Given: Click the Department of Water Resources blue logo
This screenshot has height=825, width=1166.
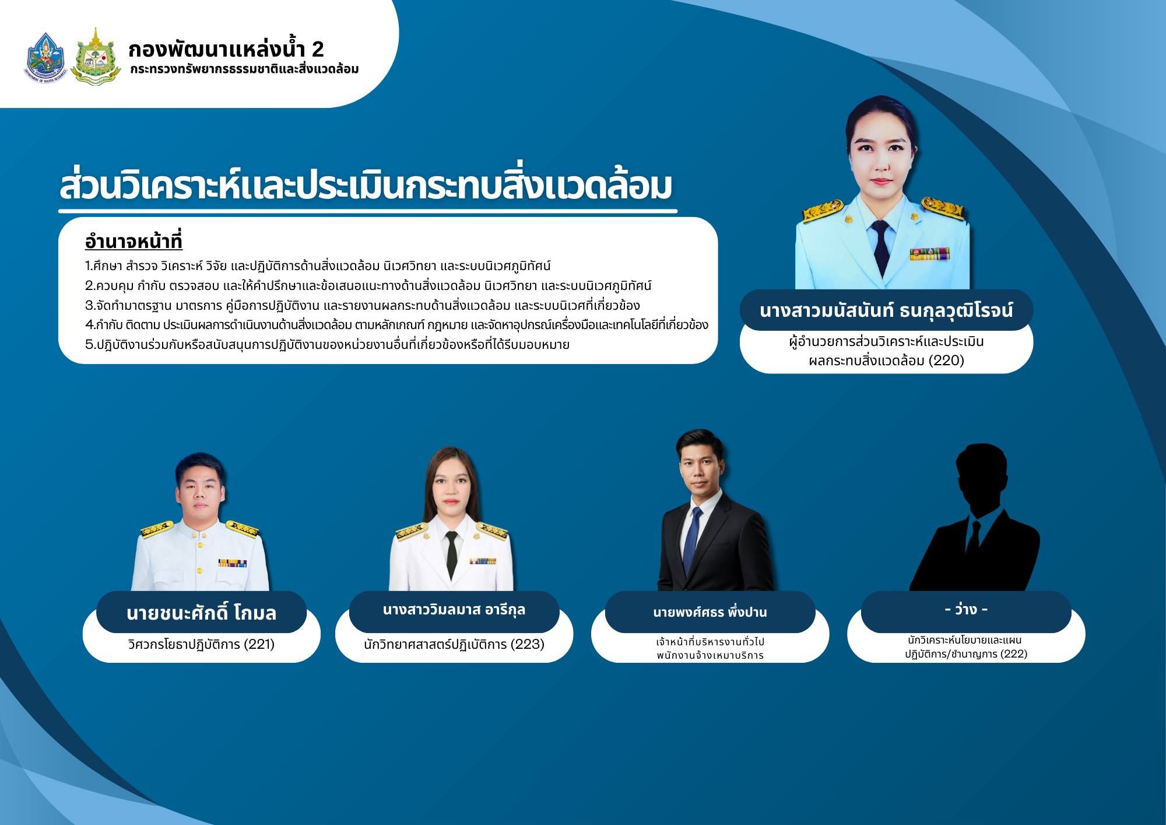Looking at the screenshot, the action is click(x=45, y=57).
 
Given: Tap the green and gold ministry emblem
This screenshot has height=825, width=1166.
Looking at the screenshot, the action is click(x=96, y=57).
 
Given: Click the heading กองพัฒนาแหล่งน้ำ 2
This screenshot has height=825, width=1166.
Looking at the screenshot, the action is click(x=226, y=49).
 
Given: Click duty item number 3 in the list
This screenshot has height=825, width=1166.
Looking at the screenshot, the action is click(x=362, y=305).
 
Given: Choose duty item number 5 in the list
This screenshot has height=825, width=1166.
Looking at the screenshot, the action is click(x=327, y=344).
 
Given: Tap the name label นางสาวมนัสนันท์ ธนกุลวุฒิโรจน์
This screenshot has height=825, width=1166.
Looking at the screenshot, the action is click(x=886, y=310).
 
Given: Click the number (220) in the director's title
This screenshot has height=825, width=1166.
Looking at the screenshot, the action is click(x=946, y=361).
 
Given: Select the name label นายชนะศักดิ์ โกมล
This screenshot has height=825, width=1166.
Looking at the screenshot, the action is click(x=201, y=613).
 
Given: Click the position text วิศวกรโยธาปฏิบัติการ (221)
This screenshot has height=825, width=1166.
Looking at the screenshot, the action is click(x=201, y=644).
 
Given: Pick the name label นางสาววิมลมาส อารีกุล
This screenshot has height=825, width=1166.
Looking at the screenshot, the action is click(x=454, y=610).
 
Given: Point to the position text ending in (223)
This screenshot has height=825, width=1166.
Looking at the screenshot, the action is click(x=454, y=644).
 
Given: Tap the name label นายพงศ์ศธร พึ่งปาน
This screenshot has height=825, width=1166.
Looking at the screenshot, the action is click(x=710, y=612).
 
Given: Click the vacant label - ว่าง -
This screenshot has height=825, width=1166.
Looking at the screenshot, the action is click(x=966, y=610).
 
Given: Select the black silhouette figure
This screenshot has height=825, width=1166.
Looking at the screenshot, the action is click(x=975, y=518).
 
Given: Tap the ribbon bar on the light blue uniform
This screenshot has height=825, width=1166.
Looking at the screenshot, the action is click(x=929, y=254).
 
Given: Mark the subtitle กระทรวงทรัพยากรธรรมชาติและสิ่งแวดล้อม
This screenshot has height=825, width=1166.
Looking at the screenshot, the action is click(x=244, y=69).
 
